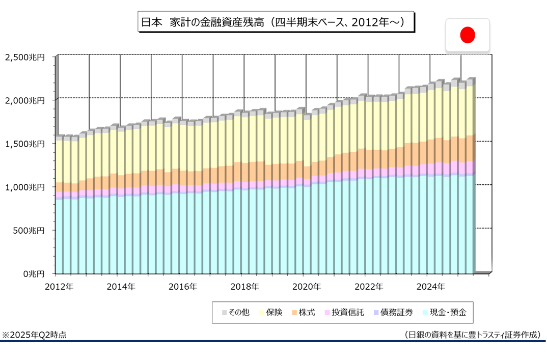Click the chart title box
click(275, 22)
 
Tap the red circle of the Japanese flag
click(467, 35)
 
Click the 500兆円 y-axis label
click(29, 231)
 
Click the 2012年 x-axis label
click(59, 287)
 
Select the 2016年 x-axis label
click(183, 287)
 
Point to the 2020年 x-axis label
click(307, 287)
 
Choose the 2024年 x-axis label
click(430, 287)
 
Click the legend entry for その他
click(235, 313)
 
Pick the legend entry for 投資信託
click(344, 313)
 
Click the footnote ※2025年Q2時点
click(34, 335)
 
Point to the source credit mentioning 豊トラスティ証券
click(472, 335)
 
